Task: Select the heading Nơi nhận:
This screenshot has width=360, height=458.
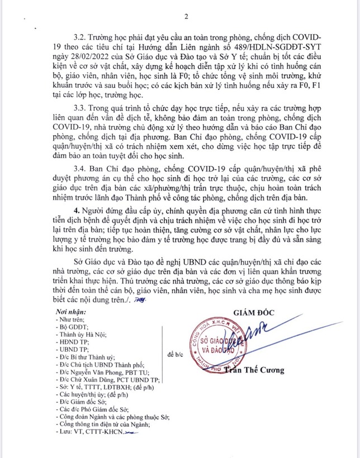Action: coord(72,311)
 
